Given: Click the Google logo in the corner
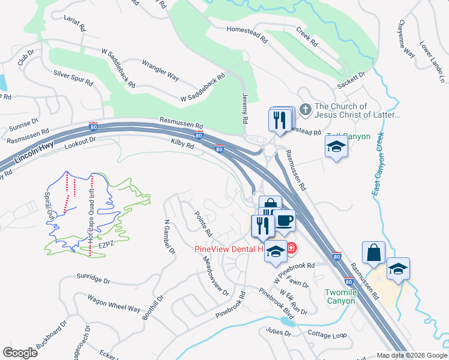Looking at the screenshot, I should pos(20,353).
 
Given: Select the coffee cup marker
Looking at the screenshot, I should pos(284,220).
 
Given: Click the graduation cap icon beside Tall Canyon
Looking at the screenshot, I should pos(336,146).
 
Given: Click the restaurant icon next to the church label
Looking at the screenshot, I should pos(279,120).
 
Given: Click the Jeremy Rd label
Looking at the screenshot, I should pos(245,108).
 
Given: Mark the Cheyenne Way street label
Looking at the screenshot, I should pos(406,40).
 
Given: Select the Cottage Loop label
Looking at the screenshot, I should pos(327,334).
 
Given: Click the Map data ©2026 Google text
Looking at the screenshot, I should pos(412,355).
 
